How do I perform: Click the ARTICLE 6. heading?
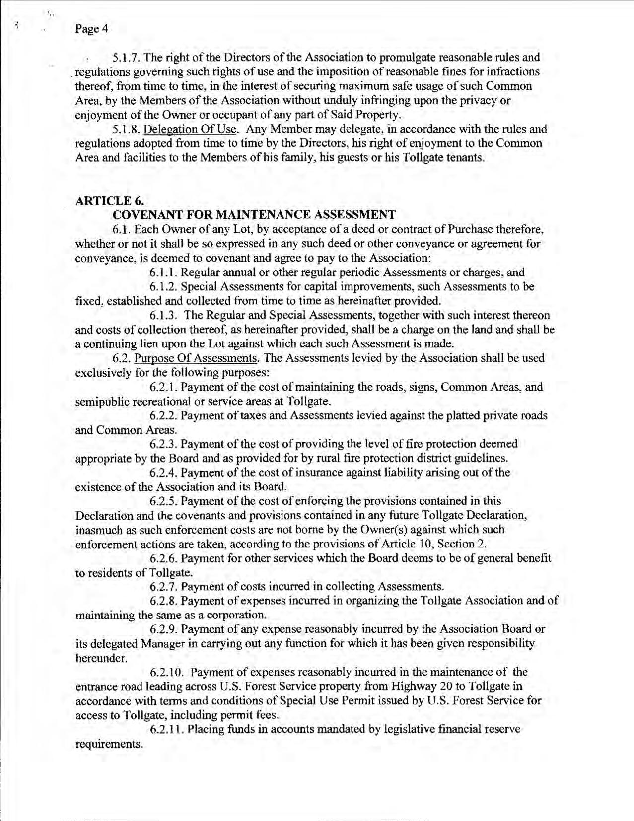pyautogui.click(x=109, y=201)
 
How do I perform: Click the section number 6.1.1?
pyautogui.click(x=163, y=273)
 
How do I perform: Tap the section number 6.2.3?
pyautogui.click(x=163, y=444)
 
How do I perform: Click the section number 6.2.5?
pyautogui.click(x=163, y=501)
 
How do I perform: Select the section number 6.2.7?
pyautogui.click(x=163, y=587)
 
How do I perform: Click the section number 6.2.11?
pyautogui.click(x=166, y=730)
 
